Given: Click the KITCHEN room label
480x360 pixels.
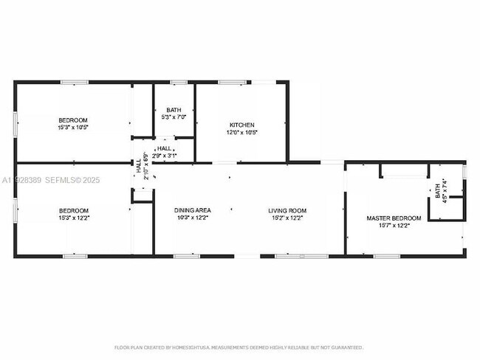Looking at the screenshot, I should (x=241, y=124).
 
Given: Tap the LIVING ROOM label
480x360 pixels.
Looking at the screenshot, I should (x=287, y=210).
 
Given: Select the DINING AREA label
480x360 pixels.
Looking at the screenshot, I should (x=191, y=210).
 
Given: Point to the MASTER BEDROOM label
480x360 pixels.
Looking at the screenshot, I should (x=394, y=218).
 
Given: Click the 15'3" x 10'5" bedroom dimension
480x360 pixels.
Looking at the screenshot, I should (x=73, y=127).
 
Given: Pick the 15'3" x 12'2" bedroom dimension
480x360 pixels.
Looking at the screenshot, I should (x=73, y=218).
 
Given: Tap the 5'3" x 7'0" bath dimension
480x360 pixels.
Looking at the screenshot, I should (x=174, y=117).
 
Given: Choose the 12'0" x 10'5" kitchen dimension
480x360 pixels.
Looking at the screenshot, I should (x=241, y=133).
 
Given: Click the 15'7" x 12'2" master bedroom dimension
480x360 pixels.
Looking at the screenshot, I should (x=394, y=226).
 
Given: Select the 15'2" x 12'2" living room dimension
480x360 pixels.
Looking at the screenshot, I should (x=287, y=218).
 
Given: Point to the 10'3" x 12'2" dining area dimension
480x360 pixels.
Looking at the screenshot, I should (x=191, y=218).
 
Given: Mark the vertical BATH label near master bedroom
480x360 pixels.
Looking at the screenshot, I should (x=437, y=193).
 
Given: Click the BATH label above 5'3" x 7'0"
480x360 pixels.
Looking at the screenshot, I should (x=174, y=110).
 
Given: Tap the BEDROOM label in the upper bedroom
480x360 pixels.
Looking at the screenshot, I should (x=73, y=120).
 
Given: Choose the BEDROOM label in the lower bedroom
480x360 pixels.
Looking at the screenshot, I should (x=73, y=210).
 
